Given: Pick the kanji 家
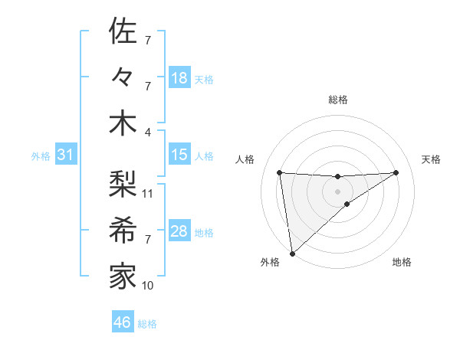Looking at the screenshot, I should [x=123, y=276].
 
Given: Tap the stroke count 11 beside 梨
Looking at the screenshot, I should [x=148, y=193].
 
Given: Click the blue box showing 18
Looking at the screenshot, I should [x=179, y=78].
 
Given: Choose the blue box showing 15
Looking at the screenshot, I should [x=179, y=155].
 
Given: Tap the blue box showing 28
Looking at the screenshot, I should [x=179, y=231].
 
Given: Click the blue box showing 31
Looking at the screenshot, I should [x=66, y=155].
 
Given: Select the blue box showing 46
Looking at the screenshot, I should [x=123, y=322].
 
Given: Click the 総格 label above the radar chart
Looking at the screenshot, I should [x=338, y=100].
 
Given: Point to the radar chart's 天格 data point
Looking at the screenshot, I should [x=396, y=172].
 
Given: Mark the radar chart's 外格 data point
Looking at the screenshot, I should [x=292, y=253].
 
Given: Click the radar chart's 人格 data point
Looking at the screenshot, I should [x=280, y=172].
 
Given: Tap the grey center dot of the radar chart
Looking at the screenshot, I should [x=338, y=190].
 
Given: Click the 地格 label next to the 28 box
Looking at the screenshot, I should [x=204, y=233].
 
